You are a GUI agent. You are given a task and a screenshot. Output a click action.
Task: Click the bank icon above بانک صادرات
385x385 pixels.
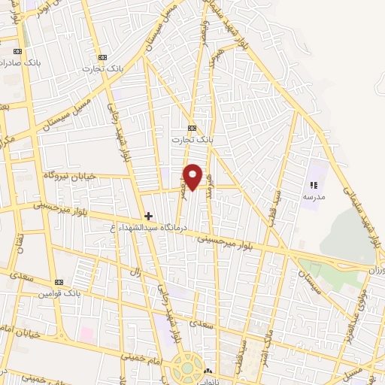[17, 51]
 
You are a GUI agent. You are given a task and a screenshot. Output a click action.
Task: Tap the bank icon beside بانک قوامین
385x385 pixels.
[59, 281]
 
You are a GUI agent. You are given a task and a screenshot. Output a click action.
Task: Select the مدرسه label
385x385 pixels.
[313, 196]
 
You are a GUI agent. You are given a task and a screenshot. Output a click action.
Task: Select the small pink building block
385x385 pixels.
[86, 332]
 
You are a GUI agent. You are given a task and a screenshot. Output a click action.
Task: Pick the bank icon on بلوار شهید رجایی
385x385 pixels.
[102, 57]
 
